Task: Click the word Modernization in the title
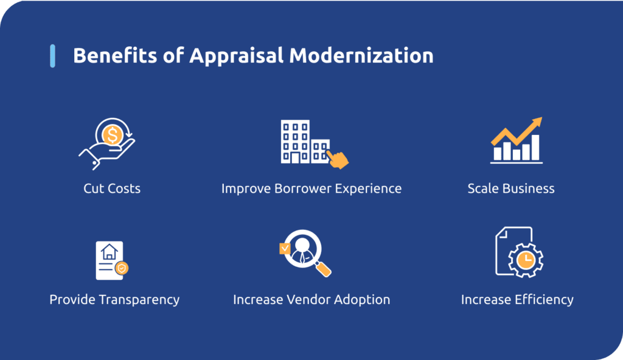tap(361, 55)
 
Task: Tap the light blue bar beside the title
tap(52, 55)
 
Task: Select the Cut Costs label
tap(112, 189)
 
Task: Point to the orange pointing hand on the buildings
tap(338, 159)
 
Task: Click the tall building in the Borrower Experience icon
tap(294, 141)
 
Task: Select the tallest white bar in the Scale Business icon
tap(535, 147)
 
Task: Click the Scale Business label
tap(511, 189)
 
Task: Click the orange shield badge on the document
tap(122, 267)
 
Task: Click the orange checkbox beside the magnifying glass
tap(284, 247)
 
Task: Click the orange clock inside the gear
tap(524, 260)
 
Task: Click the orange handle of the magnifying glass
tap(324, 268)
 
